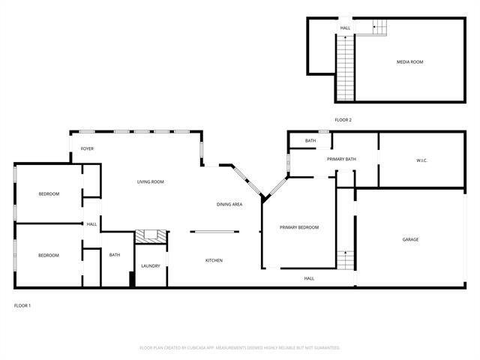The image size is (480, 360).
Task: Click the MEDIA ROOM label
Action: [x=410, y=61]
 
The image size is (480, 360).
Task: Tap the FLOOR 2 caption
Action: [x=343, y=120]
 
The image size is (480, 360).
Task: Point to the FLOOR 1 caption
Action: [x=22, y=305]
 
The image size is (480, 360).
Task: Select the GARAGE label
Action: [x=410, y=239]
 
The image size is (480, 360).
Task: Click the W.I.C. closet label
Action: [x=421, y=160]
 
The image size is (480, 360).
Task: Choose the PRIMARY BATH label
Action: [x=341, y=159]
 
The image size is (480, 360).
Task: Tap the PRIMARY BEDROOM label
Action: [x=299, y=227]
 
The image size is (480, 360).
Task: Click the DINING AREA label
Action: [x=229, y=204]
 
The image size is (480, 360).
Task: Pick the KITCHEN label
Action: [x=214, y=260]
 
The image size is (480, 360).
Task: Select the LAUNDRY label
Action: [x=150, y=265]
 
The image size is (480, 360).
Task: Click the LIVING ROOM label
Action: [x=150, y=181]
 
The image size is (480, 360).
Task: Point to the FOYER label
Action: [x=88, y=148]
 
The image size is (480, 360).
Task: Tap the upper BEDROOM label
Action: [x=49, y=193]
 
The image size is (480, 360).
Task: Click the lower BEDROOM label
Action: [x=49, y=255]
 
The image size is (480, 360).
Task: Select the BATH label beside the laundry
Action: [x=115, y=254]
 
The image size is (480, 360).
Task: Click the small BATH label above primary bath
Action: [x=310, y=140]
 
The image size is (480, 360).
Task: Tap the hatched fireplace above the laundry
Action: [x=150, y=236]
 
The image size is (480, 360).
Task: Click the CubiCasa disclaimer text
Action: [x=240, y=347]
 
